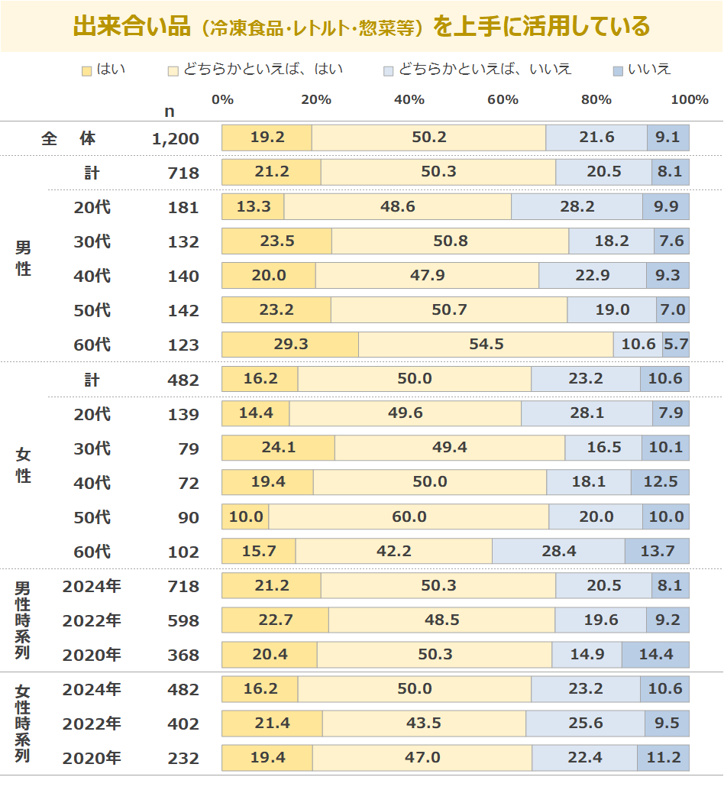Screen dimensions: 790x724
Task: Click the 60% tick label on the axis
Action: click(503, 100)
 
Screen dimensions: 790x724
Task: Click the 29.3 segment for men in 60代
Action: click(290, 345)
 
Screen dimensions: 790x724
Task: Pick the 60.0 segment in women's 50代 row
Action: click(409, 517)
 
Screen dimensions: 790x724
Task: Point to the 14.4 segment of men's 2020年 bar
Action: click(655, 655)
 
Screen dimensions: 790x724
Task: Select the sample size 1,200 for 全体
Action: click(175, 139)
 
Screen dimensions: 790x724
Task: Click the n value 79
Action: click(188, 448)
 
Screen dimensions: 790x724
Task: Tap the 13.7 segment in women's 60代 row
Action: click(657, 552)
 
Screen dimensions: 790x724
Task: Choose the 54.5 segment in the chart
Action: click(486, 345)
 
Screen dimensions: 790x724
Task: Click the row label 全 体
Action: click(69, 139)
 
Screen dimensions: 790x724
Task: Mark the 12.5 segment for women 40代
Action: click(660, 483)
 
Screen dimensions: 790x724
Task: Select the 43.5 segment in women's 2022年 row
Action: click(424, 724)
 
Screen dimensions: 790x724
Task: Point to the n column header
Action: click(170, 112)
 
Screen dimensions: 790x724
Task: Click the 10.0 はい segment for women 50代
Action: click(245, 517)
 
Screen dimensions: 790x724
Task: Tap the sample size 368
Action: click(183, 655)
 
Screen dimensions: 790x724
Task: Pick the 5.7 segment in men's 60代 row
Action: click(676, 345)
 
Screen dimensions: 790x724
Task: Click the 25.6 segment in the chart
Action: click(585, 724)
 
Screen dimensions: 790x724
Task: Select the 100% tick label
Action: click(689, 100)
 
